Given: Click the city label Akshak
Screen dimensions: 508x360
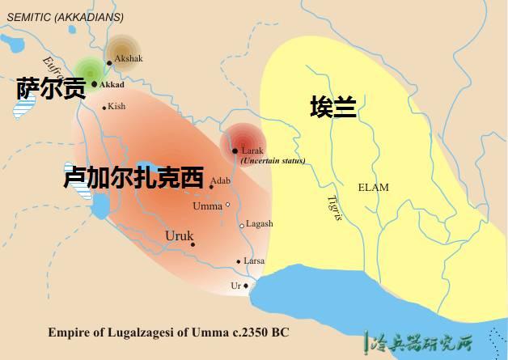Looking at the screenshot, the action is coord(128,59).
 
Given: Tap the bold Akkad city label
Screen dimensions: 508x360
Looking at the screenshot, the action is coord(112,83).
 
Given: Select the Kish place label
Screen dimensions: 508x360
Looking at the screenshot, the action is coord(117,106).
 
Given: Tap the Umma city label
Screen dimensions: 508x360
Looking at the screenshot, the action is coord(207,205).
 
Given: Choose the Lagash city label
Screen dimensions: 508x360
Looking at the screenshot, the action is coord(259,224).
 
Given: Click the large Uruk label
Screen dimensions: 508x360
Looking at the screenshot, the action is coord(179,235).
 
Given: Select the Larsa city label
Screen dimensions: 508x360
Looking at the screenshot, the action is coord(254,261).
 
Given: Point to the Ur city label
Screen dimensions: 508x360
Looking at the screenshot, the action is coord(236,286).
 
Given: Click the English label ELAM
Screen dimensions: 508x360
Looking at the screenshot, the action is coord(373,188).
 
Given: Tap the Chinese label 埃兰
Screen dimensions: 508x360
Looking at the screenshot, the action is coord(334,108).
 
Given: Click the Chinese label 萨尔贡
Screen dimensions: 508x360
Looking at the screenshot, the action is coord(49,89).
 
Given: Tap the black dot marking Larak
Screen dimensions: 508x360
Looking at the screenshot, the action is coord(235,150).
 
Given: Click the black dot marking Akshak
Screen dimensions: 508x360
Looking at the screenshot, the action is coord(109,62).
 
